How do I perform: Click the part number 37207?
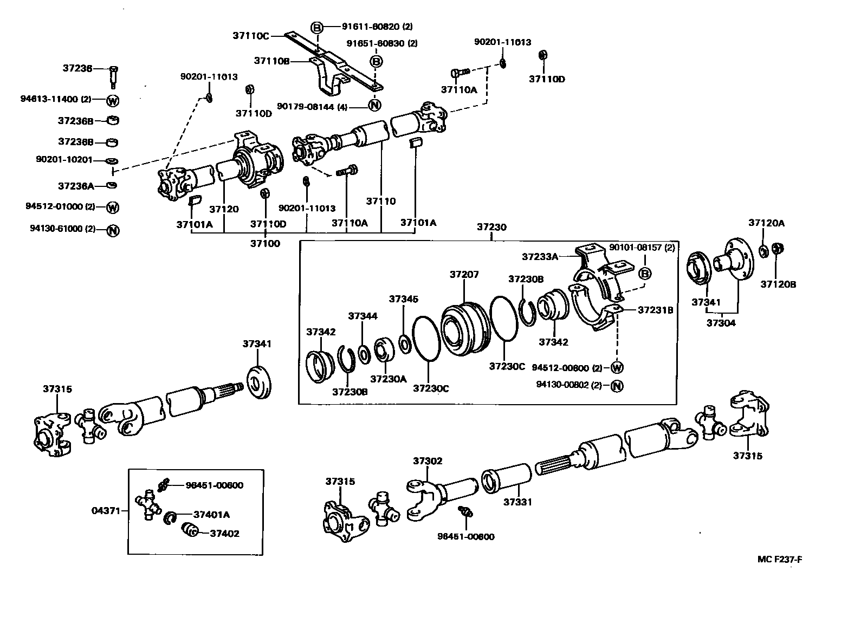[464, 275]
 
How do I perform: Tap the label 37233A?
[540, 256]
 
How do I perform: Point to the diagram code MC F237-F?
[779, 560]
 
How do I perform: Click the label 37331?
[517, 502]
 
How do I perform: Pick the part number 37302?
[428, 461]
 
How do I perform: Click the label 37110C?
[251, 35]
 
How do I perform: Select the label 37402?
[224, 533]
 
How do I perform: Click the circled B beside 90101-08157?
[645, 274]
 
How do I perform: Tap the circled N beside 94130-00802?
[617, 386]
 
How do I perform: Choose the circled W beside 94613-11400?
[113, 100]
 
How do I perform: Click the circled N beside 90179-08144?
[375, 106]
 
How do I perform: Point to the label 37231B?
[656, 310]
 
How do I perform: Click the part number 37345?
[403, 299]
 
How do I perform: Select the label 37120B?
[778, 284]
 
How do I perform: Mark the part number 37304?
[721, 323]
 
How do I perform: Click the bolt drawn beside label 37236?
[113, 76]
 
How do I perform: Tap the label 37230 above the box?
[491, 227]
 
